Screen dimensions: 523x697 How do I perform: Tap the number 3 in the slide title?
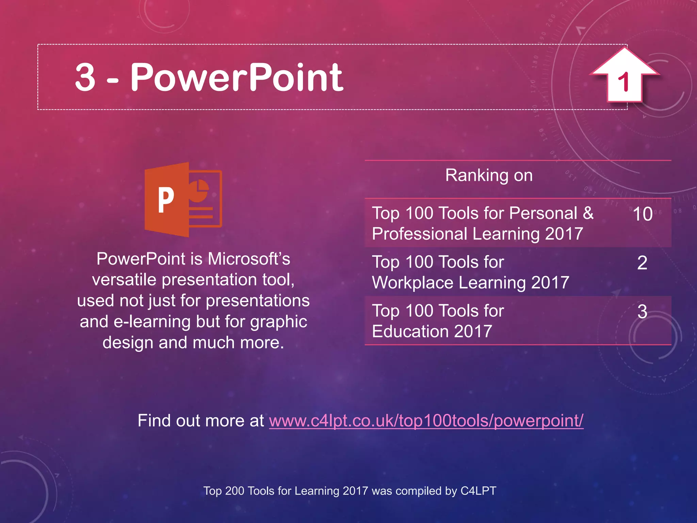tap(85, 78)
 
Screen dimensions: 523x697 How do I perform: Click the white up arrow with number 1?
tap(625, 77)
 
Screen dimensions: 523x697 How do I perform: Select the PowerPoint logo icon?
tap(183, 200)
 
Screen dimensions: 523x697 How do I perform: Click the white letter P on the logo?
tap(166, 200)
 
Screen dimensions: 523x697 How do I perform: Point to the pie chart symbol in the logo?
tap(199, 190)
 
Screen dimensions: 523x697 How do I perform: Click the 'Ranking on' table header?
tap(489, 175)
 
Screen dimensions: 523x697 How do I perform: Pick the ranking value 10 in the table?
tap(643, 214)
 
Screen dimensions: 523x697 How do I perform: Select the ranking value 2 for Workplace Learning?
tap(642, 263)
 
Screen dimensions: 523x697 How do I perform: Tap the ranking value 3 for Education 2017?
tap(642, 312)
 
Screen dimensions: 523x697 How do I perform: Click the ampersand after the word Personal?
tap(588, 213)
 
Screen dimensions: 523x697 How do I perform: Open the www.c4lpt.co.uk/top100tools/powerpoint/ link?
tap(426, 421)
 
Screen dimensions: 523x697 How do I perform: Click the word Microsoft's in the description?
tap(249, 259)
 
